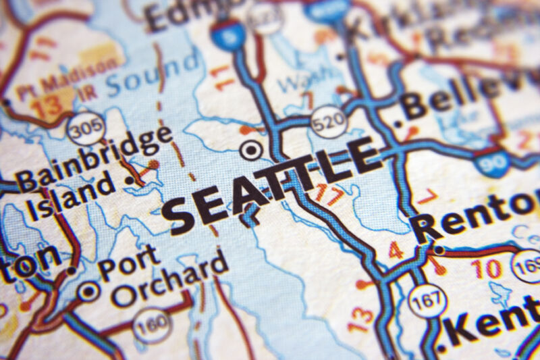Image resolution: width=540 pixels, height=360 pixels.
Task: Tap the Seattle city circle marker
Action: (x=251, y=150)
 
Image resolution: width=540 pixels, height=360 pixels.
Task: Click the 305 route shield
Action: (x=86, y=128)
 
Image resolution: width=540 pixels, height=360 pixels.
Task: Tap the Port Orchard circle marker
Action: (x=88, y=292)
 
